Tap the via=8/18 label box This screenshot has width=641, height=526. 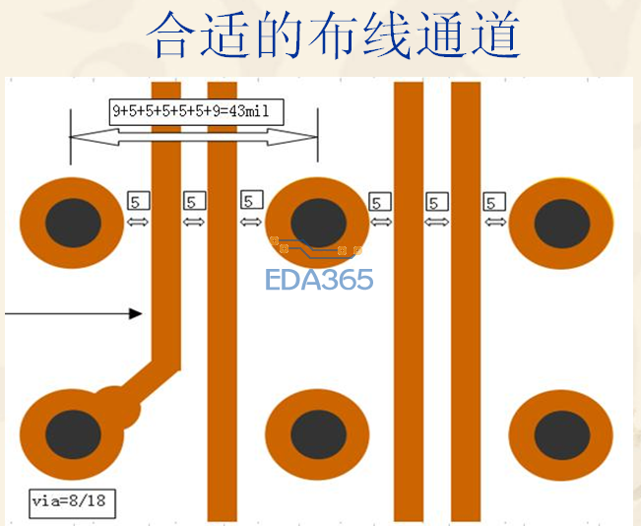(72, 503)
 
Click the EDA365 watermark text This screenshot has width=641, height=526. (319, 280)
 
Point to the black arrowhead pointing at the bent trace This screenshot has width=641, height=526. (135, 313)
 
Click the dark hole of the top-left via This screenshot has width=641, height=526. (73, 223)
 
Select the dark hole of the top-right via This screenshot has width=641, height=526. (562, 224)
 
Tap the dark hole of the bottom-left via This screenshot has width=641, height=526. (73, 434)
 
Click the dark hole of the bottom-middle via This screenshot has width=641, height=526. (318, 434)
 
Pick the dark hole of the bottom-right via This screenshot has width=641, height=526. (562, 435)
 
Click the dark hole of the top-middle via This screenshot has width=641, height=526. (318, 224)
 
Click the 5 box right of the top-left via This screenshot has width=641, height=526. (139, 200)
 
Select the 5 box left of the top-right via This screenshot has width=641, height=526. (494, 202)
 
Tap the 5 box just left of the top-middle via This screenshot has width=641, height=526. (251, 200)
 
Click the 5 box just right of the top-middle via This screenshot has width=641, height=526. (380, 202)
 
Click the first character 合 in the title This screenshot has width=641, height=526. (170, 34)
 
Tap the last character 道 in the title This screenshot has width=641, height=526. (496, 34)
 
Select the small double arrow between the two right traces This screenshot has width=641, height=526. (437, 222)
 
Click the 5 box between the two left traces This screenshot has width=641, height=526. (194, 201)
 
